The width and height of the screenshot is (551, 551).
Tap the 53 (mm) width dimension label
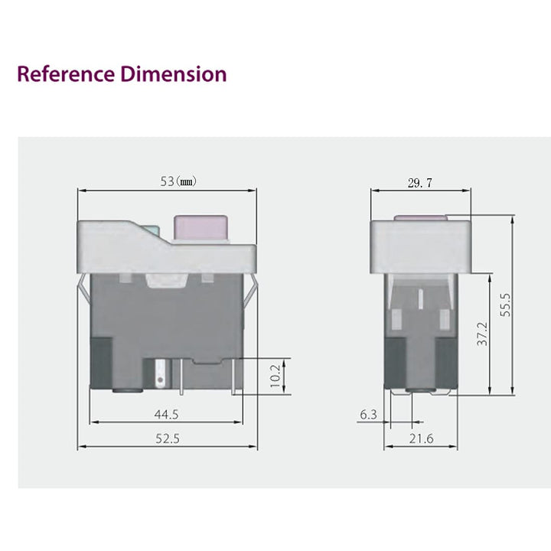coord(178,181)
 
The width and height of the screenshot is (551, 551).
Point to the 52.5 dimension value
coord(166,439)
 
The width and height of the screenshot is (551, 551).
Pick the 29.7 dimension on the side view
coord(420,182)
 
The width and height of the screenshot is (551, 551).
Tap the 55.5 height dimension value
coord(505,304)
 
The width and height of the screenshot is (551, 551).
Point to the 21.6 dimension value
coord(420,439)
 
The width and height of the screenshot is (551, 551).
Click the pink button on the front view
coord(201,227)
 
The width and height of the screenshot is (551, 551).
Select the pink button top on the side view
coord(420,217)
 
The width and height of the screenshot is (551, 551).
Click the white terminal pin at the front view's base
coord(161,373)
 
